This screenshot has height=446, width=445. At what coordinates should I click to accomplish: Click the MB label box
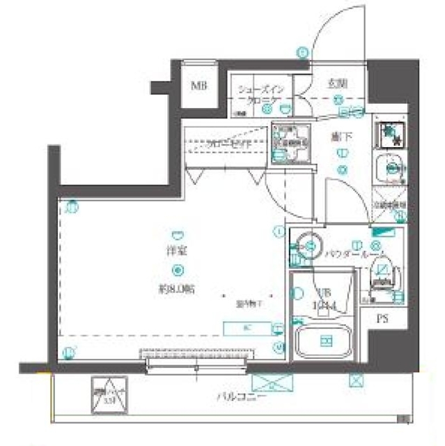[201, 87]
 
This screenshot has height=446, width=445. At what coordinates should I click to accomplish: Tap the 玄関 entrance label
[337, 84]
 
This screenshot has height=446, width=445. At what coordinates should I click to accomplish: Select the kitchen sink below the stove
[388, 167]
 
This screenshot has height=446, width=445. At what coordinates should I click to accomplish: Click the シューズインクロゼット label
[260, 95]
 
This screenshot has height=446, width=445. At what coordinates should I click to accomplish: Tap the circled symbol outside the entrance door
[302, 51]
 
